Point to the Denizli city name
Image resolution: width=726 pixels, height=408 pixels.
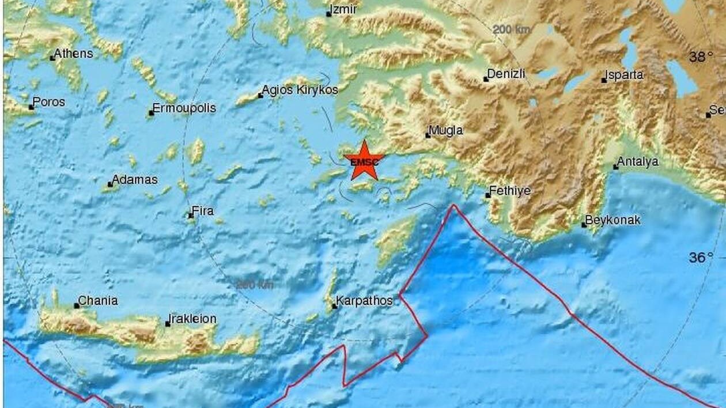click(506, 74)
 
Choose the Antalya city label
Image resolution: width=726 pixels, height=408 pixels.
click(638, 162)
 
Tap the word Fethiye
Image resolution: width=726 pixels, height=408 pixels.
click(510, 191)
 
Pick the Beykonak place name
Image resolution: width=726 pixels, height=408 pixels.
click(613, 220)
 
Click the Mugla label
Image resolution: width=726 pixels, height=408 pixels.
click(447, 131)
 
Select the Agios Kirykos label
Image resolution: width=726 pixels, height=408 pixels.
click(300, 90)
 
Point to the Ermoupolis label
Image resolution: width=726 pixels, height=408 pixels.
click(184, 108)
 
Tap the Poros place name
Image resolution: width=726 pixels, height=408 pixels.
click(49, 102)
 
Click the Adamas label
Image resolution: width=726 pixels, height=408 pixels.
click(134, 180)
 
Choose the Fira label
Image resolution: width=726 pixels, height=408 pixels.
click(203, 211)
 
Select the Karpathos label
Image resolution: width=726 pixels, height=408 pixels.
click(365, 301)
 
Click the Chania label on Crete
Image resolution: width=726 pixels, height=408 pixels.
click(98, 301)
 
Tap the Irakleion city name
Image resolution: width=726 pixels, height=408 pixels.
click(192, 319)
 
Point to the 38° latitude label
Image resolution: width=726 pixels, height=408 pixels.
click(701, 56)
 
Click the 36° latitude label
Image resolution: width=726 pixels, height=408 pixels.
click(701, 258)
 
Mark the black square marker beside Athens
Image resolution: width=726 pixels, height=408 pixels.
click(52, 58)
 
